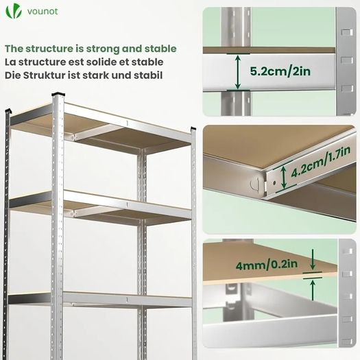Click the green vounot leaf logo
tap(14, 12)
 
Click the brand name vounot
tap(43, 11)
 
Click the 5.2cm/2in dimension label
tap(280, 71)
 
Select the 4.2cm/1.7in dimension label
tap(321, 162)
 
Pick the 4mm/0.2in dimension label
tap(267, 265)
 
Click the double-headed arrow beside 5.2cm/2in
tap(238, 72)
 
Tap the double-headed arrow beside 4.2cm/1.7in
tap(284, 177)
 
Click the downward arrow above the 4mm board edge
tap(313, 259)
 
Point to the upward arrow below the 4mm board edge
tap(313, 290)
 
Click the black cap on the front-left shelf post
tap(58, 94)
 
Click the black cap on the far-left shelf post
tap(8, 111)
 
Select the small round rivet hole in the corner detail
tap(274, 183)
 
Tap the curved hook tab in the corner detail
tap(255, 184)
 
